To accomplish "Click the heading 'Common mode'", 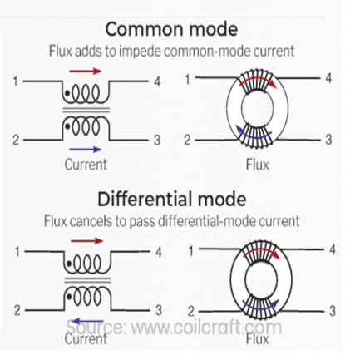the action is click(x=171, y=29).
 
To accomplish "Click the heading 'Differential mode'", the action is click(x=172, y=199).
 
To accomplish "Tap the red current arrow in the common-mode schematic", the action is click(x=86, y=72).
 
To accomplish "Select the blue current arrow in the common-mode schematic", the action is click(x=86, y=150).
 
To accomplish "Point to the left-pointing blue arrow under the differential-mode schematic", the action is click(x=87, y=322).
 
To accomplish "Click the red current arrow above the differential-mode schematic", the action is click(x=87, y=241).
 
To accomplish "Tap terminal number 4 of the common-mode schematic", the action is click(x=157, y=81).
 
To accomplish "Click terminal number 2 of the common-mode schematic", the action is click(x=16, y=140).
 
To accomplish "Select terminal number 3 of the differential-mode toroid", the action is click(x=333, y=311).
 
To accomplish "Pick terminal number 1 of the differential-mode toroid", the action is click(x=191, y=251).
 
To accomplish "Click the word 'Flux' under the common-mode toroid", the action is click(x=258, y=165).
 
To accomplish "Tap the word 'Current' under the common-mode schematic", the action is click(x=86, y=165).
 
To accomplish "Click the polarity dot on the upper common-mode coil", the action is click(x=67, y=93).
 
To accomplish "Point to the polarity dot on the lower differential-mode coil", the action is click(x=69, y=297).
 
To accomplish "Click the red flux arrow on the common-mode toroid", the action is click(x=258, y=79).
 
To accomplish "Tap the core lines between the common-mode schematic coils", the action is click(x=86, y=111).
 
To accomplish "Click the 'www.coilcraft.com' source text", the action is click(x=206, y=328).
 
